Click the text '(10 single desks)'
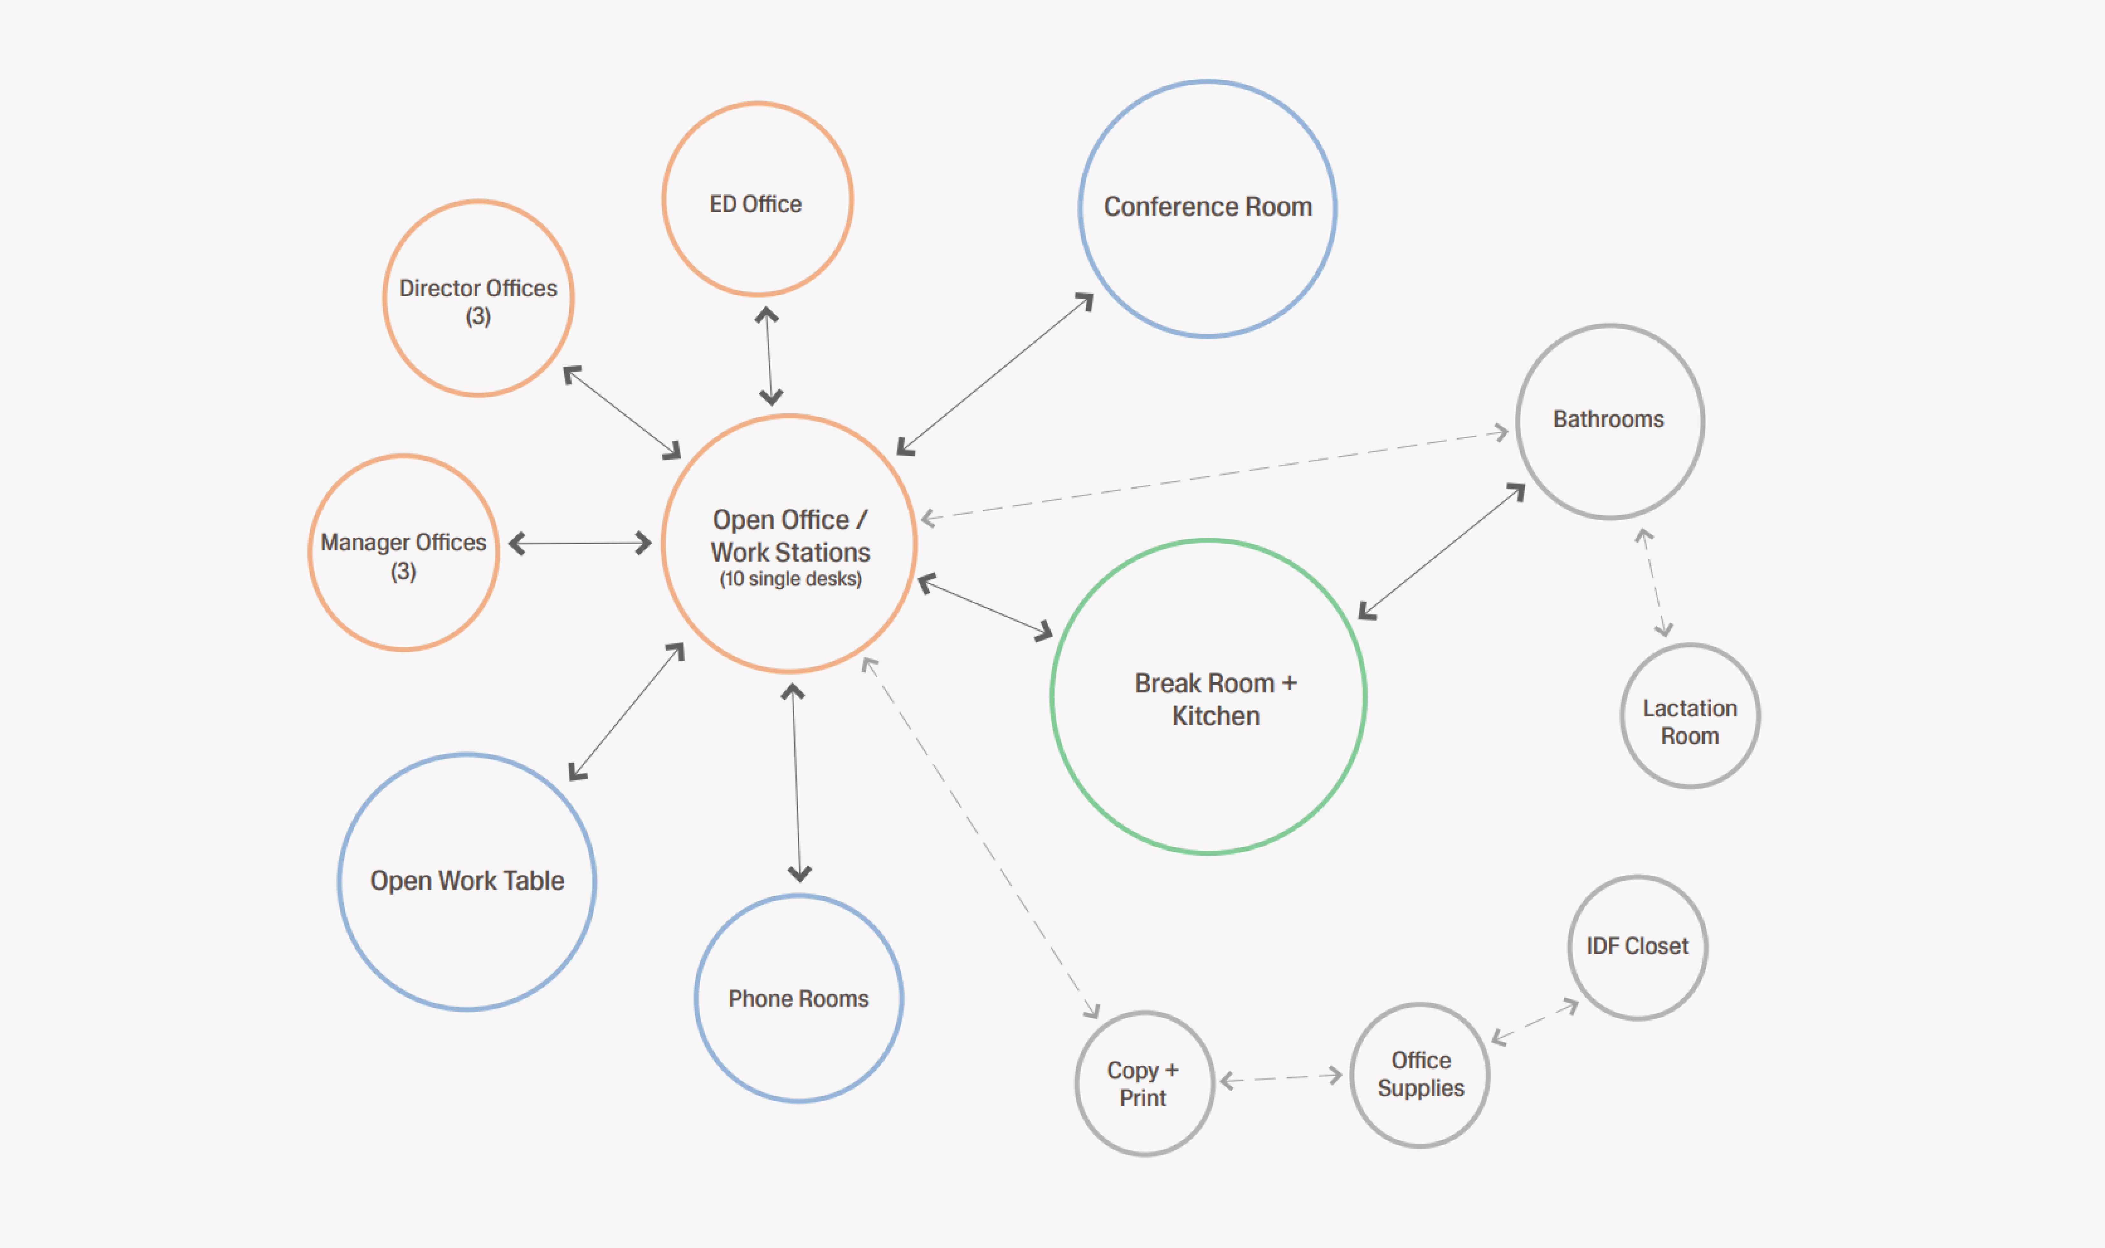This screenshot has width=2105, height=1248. pyautogui.click(x=790, y=578)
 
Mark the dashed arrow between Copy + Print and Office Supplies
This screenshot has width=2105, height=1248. pyautogui.click(x=1281, y=1078)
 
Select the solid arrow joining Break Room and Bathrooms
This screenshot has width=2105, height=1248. pyautogui.click(x=1441, y=552)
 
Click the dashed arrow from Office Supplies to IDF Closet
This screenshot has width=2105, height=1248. pyautogui.click(x=1535, y=1022)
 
